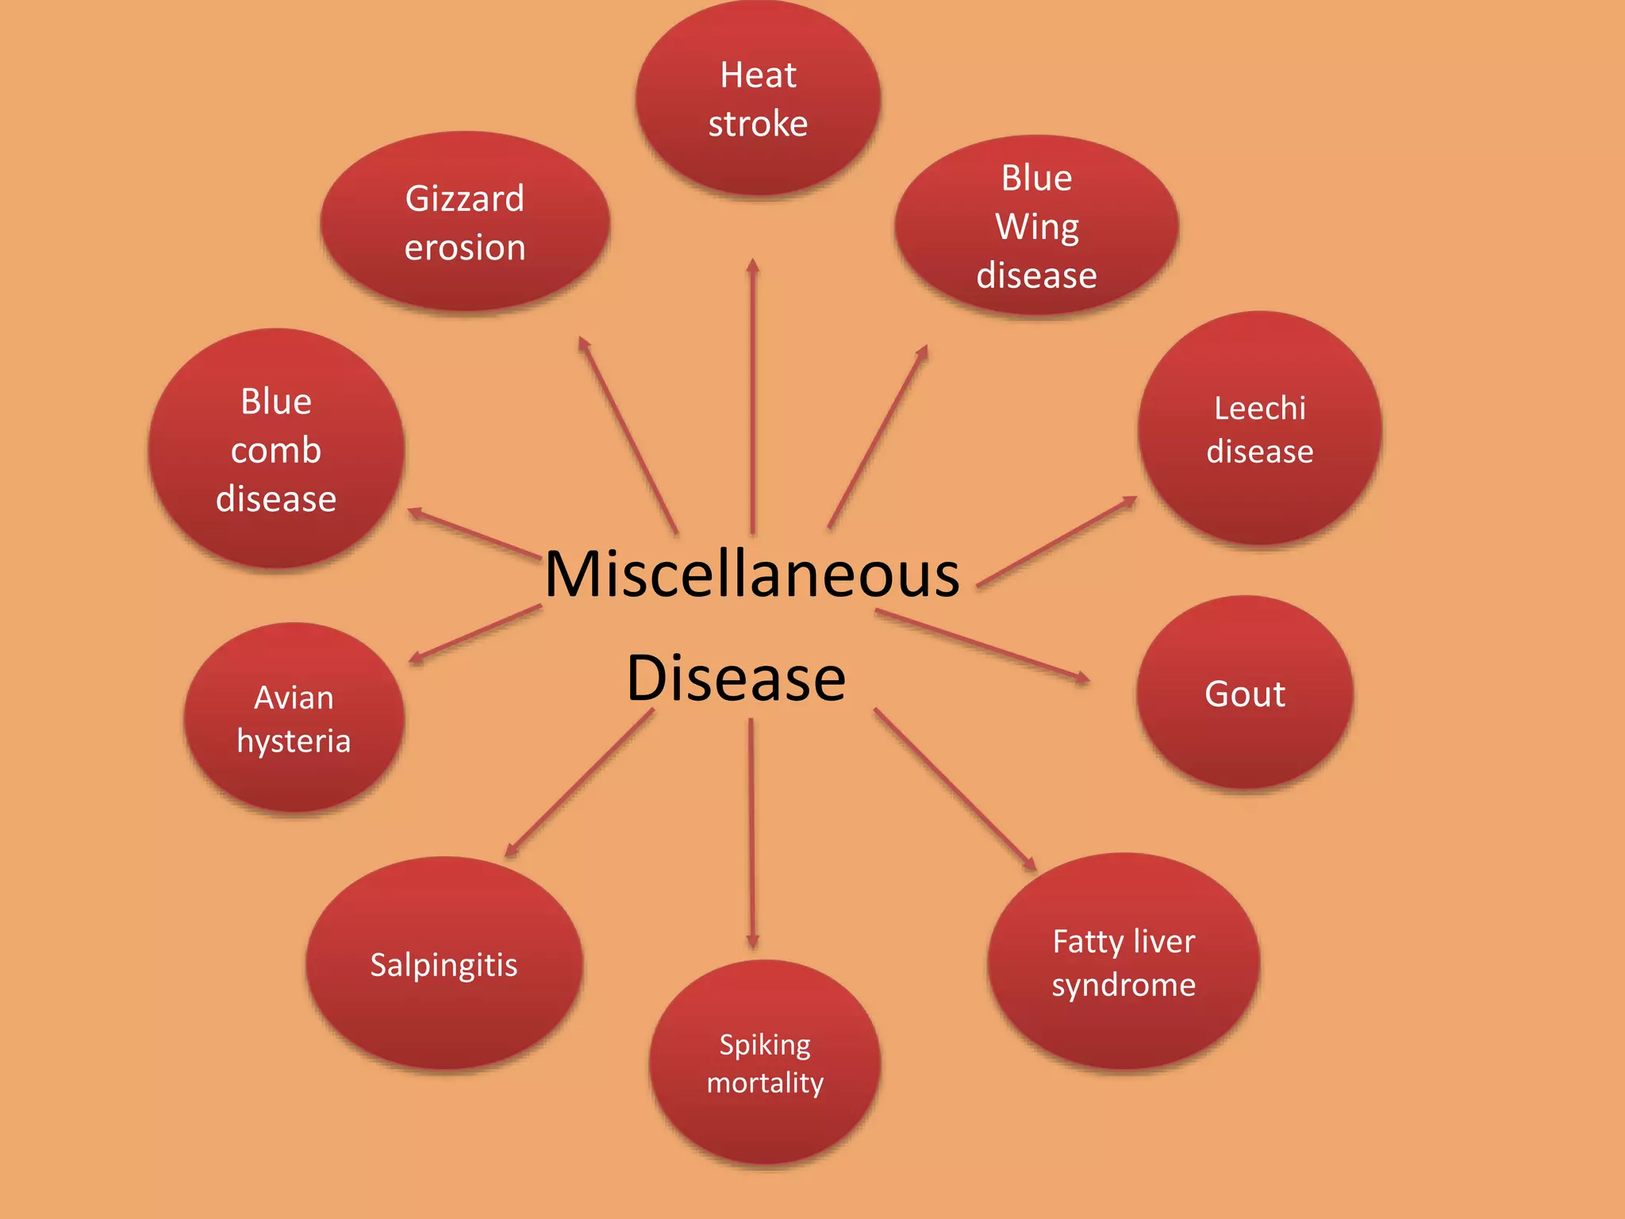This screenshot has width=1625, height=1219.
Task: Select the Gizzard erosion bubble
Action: [x=465, y=221]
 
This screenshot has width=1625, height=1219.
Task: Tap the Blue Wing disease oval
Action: [x=1036, y=225]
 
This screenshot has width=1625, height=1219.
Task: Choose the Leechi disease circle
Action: [x=1260, y=429]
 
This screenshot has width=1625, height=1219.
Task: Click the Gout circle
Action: [x=1245, y=692]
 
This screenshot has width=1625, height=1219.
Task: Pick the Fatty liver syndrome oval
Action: [x=1124, y=961]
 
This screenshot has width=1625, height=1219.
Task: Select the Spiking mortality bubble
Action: [x=765, y=1062]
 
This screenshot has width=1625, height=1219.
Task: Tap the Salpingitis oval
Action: [x=444, y=963]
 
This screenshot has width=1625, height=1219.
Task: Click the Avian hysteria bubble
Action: [x=294, y=717]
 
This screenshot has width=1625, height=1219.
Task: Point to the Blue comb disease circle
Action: [x=276, y=448]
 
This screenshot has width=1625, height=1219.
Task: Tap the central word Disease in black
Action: [x=736, y=679]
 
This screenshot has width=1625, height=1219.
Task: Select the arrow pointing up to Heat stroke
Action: [x=753, y=396]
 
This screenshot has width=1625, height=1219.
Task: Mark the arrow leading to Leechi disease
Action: [x=1057, y=542]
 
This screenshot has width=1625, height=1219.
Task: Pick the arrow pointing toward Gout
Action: [x=982, y=645]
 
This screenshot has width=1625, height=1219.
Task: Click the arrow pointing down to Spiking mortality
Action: [x=752, y=833]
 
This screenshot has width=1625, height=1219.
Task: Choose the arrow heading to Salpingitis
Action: [x=579, y=783]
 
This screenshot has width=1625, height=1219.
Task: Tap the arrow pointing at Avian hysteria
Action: [x=474, y=634]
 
